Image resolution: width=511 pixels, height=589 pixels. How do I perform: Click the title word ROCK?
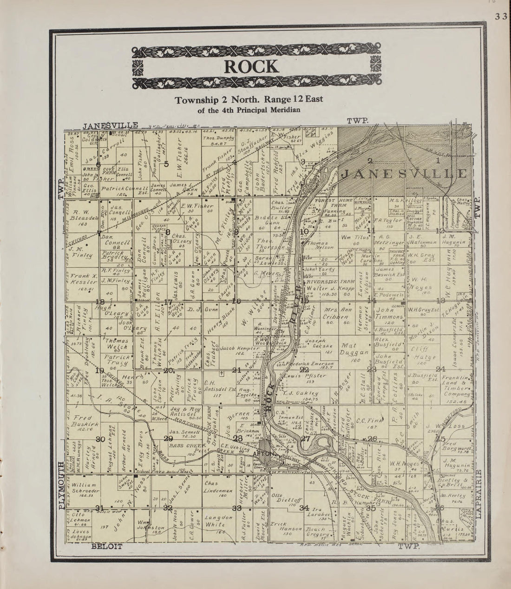point(252,66)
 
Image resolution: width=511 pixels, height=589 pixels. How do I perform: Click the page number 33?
point(501,17)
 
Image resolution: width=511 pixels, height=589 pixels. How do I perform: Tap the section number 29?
point(168,438)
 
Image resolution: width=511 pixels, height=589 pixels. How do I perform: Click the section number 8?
point(168,232)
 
